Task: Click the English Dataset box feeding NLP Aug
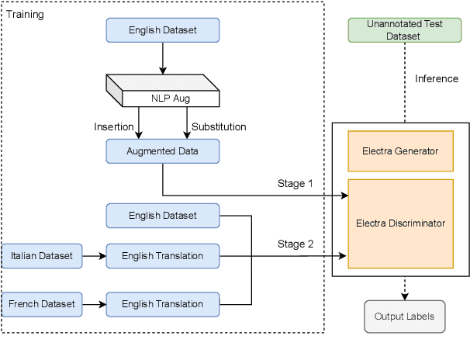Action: coord(163,30)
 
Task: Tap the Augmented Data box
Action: coord(163,151)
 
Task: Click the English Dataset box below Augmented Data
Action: coord(163,215)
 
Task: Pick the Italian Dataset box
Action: coord(42,255)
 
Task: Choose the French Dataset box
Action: coord(42,303)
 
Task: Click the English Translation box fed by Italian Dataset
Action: coord(163,255)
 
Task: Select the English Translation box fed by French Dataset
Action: coord(163,303)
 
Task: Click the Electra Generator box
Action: coord(400,150)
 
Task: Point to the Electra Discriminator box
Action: coord(400,223)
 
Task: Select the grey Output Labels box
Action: coord(404,317)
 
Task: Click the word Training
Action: coord(26,14)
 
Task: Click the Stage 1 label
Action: coord(295,184)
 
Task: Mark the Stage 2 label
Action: coord(295,244)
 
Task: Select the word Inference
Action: coord(437,78)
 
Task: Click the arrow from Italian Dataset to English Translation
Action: coord(93,255)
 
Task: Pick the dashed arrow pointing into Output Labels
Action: coord(404,289)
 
